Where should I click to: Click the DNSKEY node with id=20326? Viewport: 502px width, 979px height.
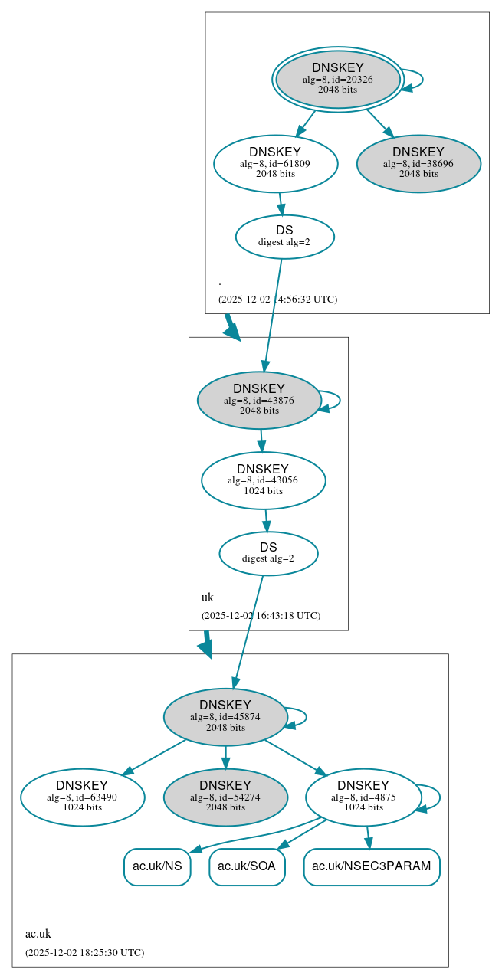point(337,79)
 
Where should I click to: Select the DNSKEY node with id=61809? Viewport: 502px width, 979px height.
point(275,163)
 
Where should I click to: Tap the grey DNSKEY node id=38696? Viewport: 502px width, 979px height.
point(418,163)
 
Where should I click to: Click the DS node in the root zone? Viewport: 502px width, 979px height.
point(284,236)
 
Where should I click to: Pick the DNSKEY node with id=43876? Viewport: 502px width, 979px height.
point(259,400)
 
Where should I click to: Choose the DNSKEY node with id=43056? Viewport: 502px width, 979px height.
point(263,480)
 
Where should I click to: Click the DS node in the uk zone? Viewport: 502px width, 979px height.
point(268,553)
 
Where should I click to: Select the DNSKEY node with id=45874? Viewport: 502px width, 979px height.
point(225,717)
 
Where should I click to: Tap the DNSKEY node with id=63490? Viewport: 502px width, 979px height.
point(82,797)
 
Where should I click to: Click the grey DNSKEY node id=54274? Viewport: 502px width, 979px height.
point(225,797)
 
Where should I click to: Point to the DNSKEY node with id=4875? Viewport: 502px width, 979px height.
point(363,797)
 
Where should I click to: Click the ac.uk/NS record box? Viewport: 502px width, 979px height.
point(157,866)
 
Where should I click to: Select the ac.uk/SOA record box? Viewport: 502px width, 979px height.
point(247,866)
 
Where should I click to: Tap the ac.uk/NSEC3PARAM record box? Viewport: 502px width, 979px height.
point(372,866)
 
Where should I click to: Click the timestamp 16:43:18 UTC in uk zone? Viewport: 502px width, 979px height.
point(261,616)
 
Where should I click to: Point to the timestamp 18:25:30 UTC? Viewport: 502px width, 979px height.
point(84,953)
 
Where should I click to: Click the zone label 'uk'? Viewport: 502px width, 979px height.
point(208,598)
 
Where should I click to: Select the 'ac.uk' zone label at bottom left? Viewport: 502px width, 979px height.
point(38,934)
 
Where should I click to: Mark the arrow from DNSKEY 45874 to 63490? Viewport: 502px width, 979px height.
point(154,757)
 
